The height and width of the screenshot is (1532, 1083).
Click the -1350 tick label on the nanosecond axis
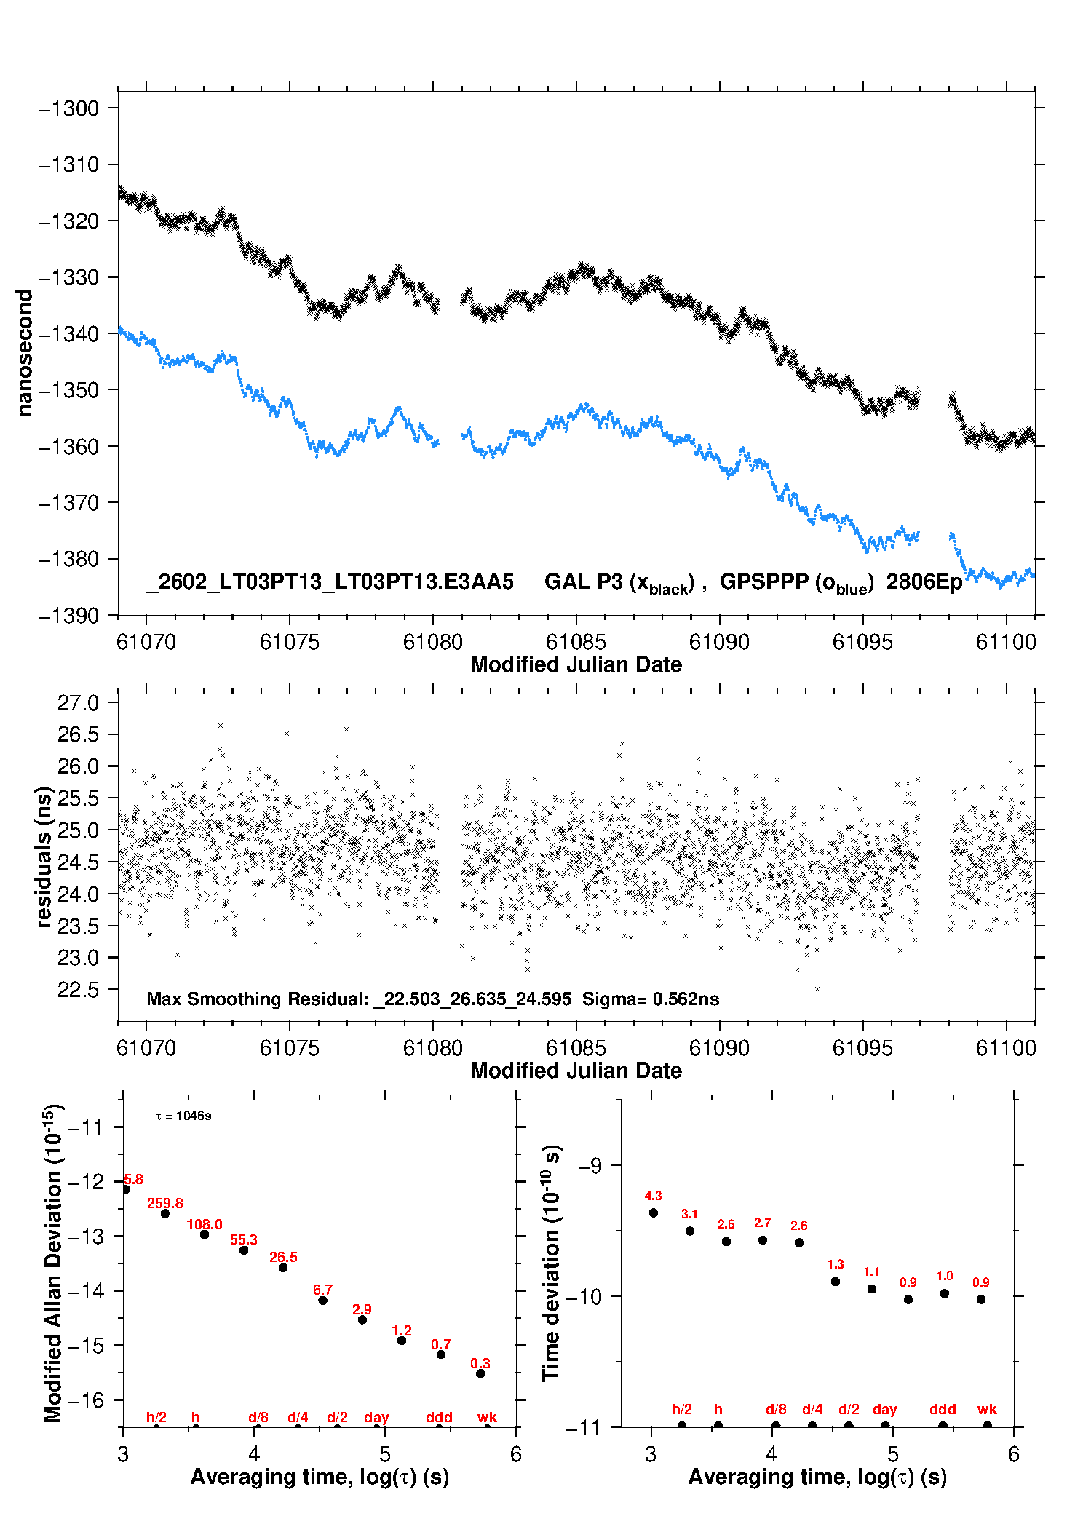(x=68, y=390)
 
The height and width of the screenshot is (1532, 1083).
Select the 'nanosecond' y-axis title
(x=25, y=353)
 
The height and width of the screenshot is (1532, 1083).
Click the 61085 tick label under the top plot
(x=576, y=642)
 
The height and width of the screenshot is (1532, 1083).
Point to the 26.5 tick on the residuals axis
(x=78, y=734)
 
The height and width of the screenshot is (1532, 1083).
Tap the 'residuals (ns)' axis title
(x=44, y=857)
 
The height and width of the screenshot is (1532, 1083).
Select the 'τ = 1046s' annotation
(x=183, y=1116)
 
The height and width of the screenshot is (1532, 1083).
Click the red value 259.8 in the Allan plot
(x=165, y=1203)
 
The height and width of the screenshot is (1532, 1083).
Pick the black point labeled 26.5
(x=283, y=1268)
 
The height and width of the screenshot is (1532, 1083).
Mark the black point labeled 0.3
(x=480, y=1373)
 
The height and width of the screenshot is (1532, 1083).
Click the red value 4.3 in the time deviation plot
(x=653, y=1196)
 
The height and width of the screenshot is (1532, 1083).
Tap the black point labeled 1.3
(x=836, y=1282)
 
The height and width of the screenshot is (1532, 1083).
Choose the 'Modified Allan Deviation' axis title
(x=53, y=1263)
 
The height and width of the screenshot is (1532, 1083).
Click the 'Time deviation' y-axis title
(x=551, y=1263)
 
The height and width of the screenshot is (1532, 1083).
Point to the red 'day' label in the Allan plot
(x=376, y=1417)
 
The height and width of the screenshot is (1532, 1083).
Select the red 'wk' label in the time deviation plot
(x=987, y=1409)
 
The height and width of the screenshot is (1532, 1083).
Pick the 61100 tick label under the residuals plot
(x=1006, y=1048)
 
